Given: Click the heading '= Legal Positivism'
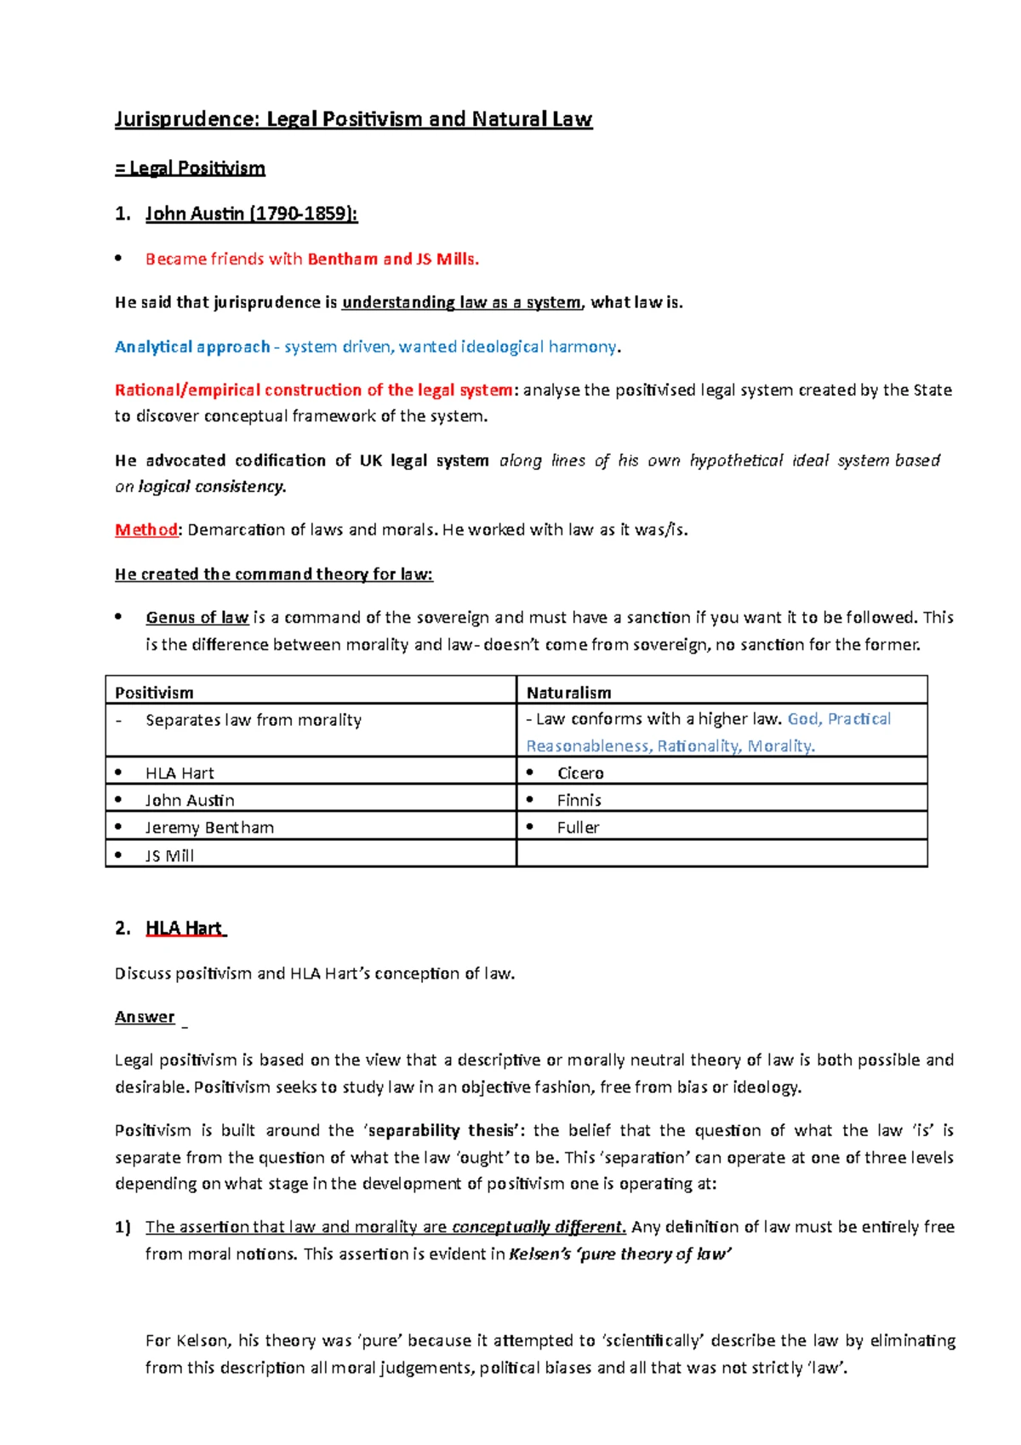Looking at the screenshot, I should click(190, 168).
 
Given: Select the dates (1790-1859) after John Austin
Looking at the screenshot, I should click(303, 214).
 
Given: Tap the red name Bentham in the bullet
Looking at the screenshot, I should click(342, 259).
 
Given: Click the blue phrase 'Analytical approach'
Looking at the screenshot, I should click(191, 346).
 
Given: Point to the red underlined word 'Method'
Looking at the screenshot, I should click(146, 529).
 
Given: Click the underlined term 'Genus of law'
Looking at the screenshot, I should click(197, 617).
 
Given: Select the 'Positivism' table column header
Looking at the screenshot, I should click(154, 692).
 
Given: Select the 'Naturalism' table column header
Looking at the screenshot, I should click(568, 692).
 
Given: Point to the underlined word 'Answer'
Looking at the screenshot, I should click(145, 1017).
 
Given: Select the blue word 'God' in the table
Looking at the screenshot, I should click(802, 719).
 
